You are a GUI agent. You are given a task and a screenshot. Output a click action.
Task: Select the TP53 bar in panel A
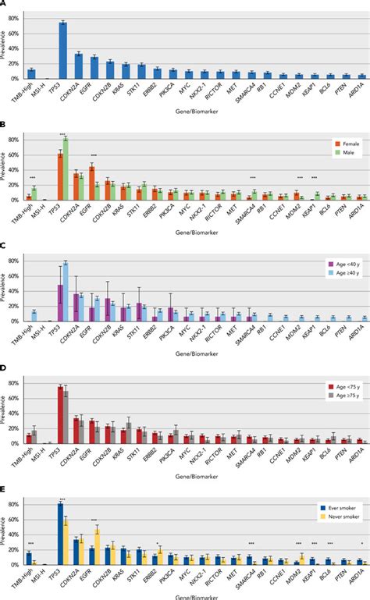(62, 51)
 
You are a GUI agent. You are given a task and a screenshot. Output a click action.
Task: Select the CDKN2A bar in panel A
(78, 66)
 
